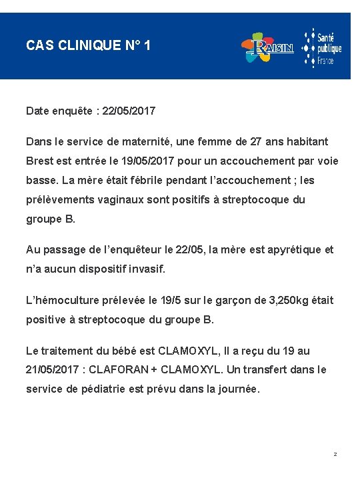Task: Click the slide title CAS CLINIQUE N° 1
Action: (x=88, y=46)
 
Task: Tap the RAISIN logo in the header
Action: (x=267, y=47)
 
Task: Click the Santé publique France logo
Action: (x=322, y=47)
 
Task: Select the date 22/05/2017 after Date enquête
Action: (x=129, y=111)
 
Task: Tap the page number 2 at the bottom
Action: (x=335, y=455)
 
